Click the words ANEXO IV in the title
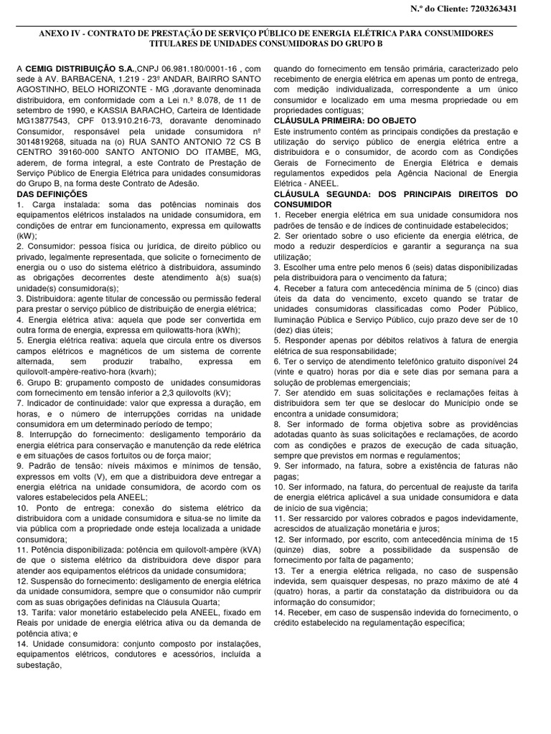(61, 34)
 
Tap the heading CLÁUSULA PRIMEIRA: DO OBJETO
(345, 120)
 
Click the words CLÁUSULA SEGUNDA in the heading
(319, 194)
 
